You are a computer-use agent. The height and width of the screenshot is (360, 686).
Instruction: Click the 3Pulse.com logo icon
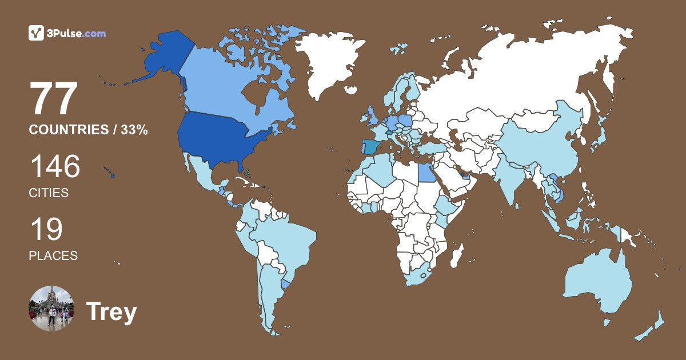(37, 33)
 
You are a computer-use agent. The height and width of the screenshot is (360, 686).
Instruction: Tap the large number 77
(54, 99)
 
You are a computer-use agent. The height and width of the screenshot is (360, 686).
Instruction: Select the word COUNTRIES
(69, 130)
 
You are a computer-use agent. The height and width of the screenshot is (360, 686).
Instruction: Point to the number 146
(55, 167)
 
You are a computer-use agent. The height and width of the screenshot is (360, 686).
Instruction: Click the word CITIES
(49, 193)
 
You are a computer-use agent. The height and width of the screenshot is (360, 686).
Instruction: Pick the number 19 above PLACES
(46, 229)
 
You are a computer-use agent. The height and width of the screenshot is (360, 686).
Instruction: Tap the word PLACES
(53, 255)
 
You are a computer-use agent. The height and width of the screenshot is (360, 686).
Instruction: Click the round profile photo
(51, 309)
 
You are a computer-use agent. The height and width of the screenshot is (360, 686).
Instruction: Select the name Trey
(111, 312)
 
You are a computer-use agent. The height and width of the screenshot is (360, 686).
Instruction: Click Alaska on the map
(163, 57)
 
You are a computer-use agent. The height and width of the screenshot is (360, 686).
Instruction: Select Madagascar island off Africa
(456, 255)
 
